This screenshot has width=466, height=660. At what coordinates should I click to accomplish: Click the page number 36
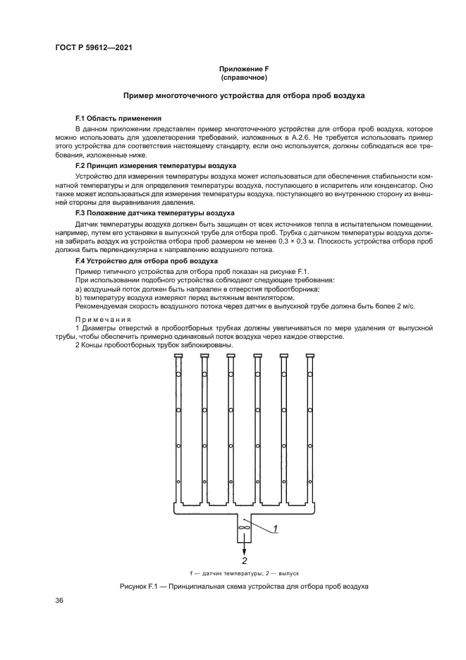tap(59, 600)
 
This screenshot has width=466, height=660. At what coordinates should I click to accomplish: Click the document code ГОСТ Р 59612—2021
tap(94, 47)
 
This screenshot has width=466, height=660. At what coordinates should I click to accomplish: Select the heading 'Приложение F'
tap(244, 68)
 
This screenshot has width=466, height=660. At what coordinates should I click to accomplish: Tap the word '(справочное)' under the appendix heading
tap(244, 77)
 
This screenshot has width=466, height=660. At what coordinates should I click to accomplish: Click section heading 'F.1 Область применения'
tap(118, 118)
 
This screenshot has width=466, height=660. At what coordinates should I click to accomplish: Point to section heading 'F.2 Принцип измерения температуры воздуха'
tap(150, 164)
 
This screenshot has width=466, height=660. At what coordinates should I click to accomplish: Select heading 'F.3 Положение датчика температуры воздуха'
tap(151, 212)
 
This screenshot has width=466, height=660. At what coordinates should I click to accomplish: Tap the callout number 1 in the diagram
tap(275, 528)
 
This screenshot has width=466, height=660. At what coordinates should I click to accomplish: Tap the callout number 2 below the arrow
tap(245, 561)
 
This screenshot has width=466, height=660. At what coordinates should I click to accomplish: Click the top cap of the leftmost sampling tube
tap(178, 355)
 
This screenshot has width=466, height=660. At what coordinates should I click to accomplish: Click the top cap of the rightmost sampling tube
tap(310, 355)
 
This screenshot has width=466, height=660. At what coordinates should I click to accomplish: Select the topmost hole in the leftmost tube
tap(178, 374)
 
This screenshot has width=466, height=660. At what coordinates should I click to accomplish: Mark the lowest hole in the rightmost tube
tap(310, 482)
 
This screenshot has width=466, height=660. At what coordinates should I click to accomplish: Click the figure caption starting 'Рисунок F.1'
tap(244, 587)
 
